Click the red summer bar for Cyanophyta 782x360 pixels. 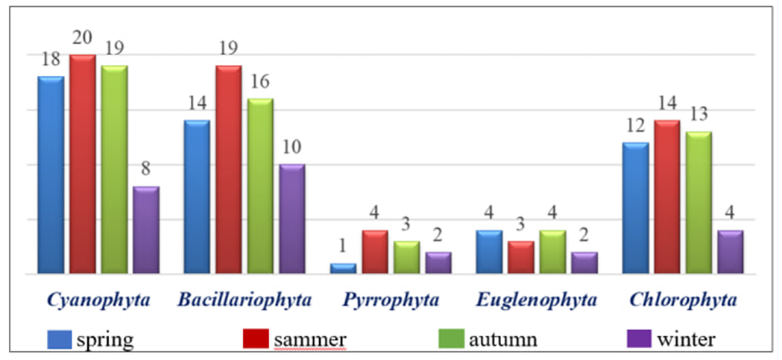pos(83,164)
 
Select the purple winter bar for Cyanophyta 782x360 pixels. pos(146,230)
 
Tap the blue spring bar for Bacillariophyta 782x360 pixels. pos(197,197)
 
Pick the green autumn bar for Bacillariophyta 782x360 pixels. pos(260,186)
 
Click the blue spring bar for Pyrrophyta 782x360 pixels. pos(343,268)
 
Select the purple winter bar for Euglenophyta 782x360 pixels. pos(584,263)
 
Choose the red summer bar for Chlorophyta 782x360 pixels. pos(666,197)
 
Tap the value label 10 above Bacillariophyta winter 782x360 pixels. pos(291,146)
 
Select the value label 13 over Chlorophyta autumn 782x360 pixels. pos(699,114)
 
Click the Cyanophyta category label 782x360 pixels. pos(98,300)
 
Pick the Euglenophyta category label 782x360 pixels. pos(537,300)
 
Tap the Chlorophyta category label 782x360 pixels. pos(684,300)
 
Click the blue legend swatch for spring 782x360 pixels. pos(60,340)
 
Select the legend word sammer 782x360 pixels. pos(309,340)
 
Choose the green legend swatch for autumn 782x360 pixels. pos(451,340)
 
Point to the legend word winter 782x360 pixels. pos(687,340)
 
